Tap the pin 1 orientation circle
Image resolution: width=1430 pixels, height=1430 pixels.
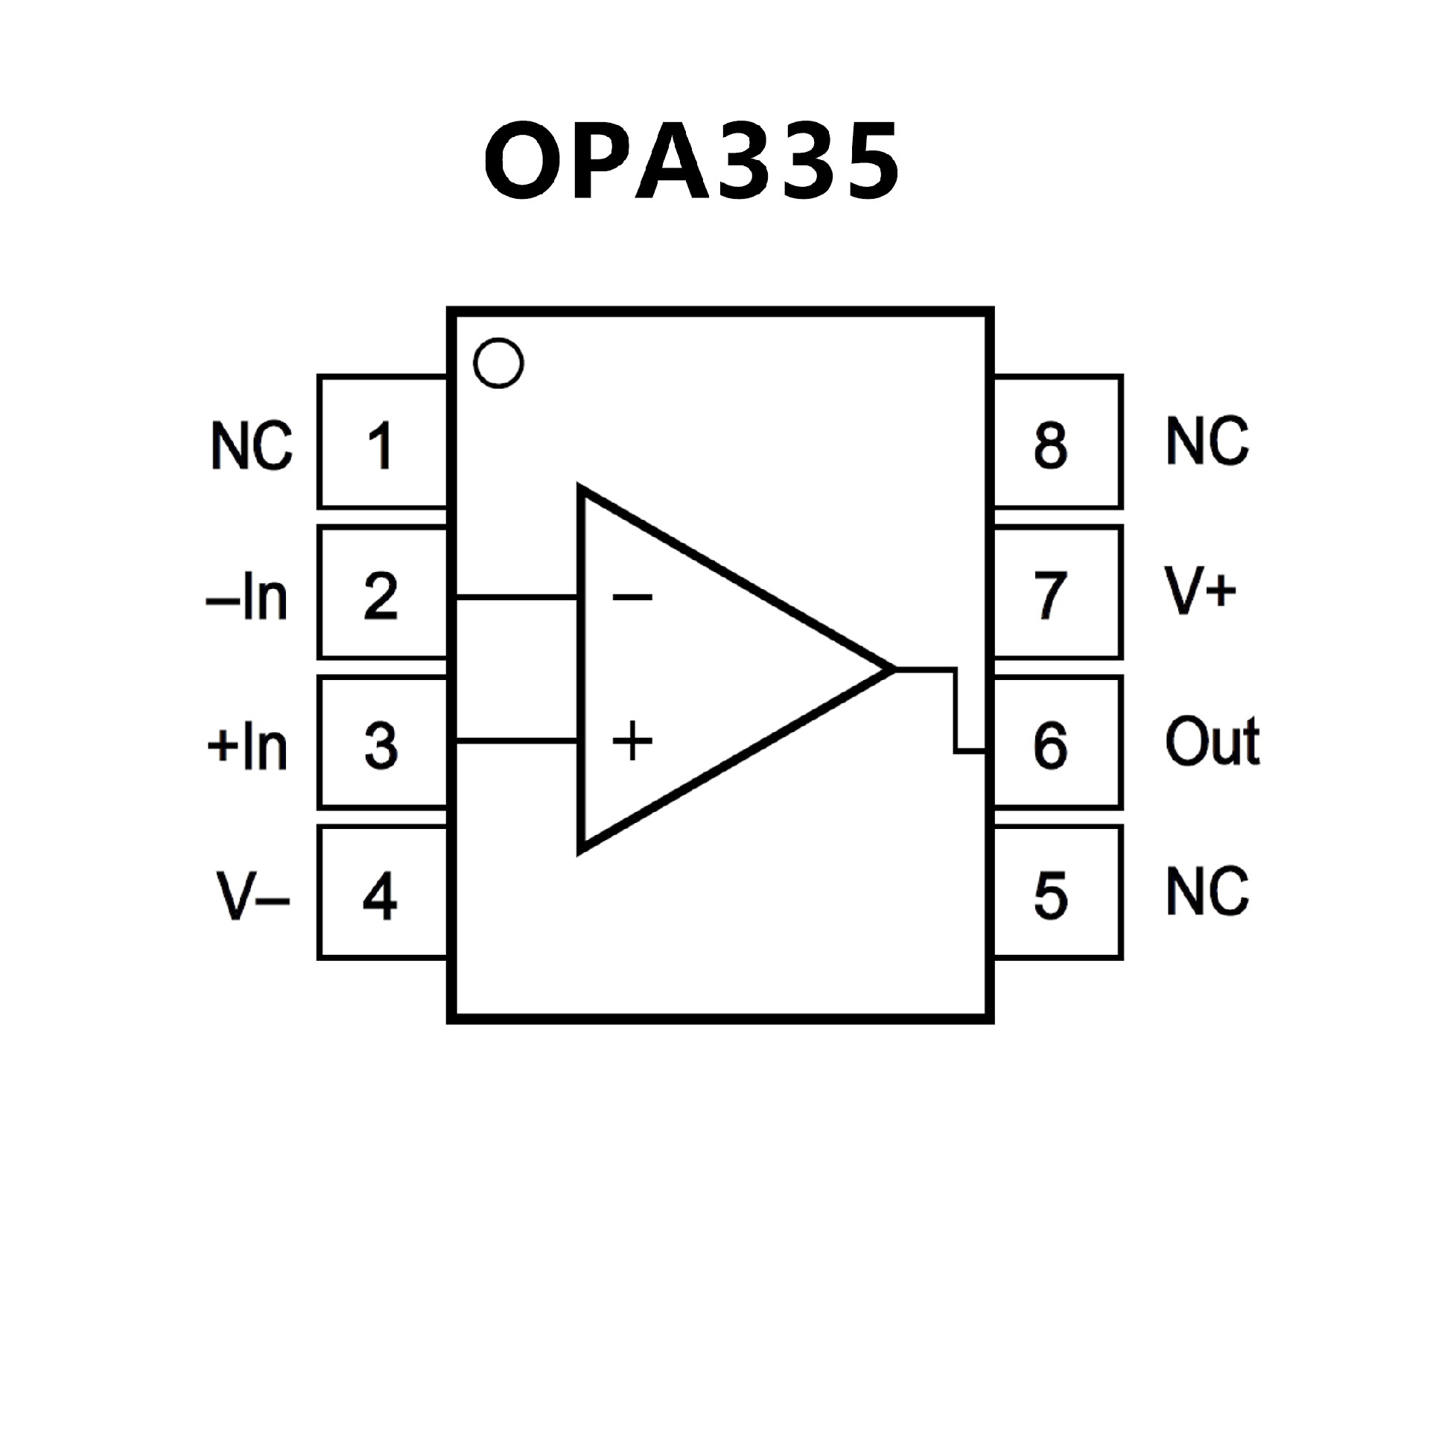tap(498, 363)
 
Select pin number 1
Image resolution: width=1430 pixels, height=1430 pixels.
tap(381, 445)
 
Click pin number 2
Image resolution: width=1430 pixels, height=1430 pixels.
tap(381, 596)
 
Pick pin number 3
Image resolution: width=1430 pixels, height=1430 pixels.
tap(381, 746)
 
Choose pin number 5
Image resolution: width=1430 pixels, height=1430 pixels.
tap(1051, 894)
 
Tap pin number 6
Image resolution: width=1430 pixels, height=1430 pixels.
tap(1050, 745)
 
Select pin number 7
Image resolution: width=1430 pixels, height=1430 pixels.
tap(1050, 595)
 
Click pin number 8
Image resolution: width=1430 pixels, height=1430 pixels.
tap(1050, 445)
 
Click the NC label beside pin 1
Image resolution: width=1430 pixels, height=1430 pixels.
tap(252, 445)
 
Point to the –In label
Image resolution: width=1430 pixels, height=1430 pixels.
tap(247, 597)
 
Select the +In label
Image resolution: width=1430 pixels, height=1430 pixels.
tap(247, 746)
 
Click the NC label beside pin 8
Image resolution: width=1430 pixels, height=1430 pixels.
tap(1207, 442)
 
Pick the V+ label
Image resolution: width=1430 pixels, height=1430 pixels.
tap(1200, 591)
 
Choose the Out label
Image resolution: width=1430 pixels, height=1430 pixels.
tap(1213, 741)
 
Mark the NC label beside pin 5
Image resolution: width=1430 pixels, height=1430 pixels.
tap(1207, 891)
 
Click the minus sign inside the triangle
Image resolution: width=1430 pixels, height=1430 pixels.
tap(632, 597)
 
